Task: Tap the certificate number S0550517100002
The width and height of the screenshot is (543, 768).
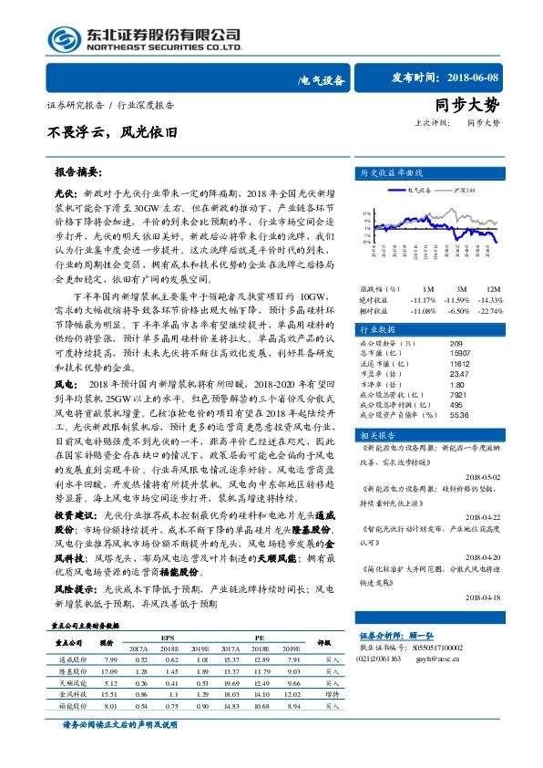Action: (x=461, y=647)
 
